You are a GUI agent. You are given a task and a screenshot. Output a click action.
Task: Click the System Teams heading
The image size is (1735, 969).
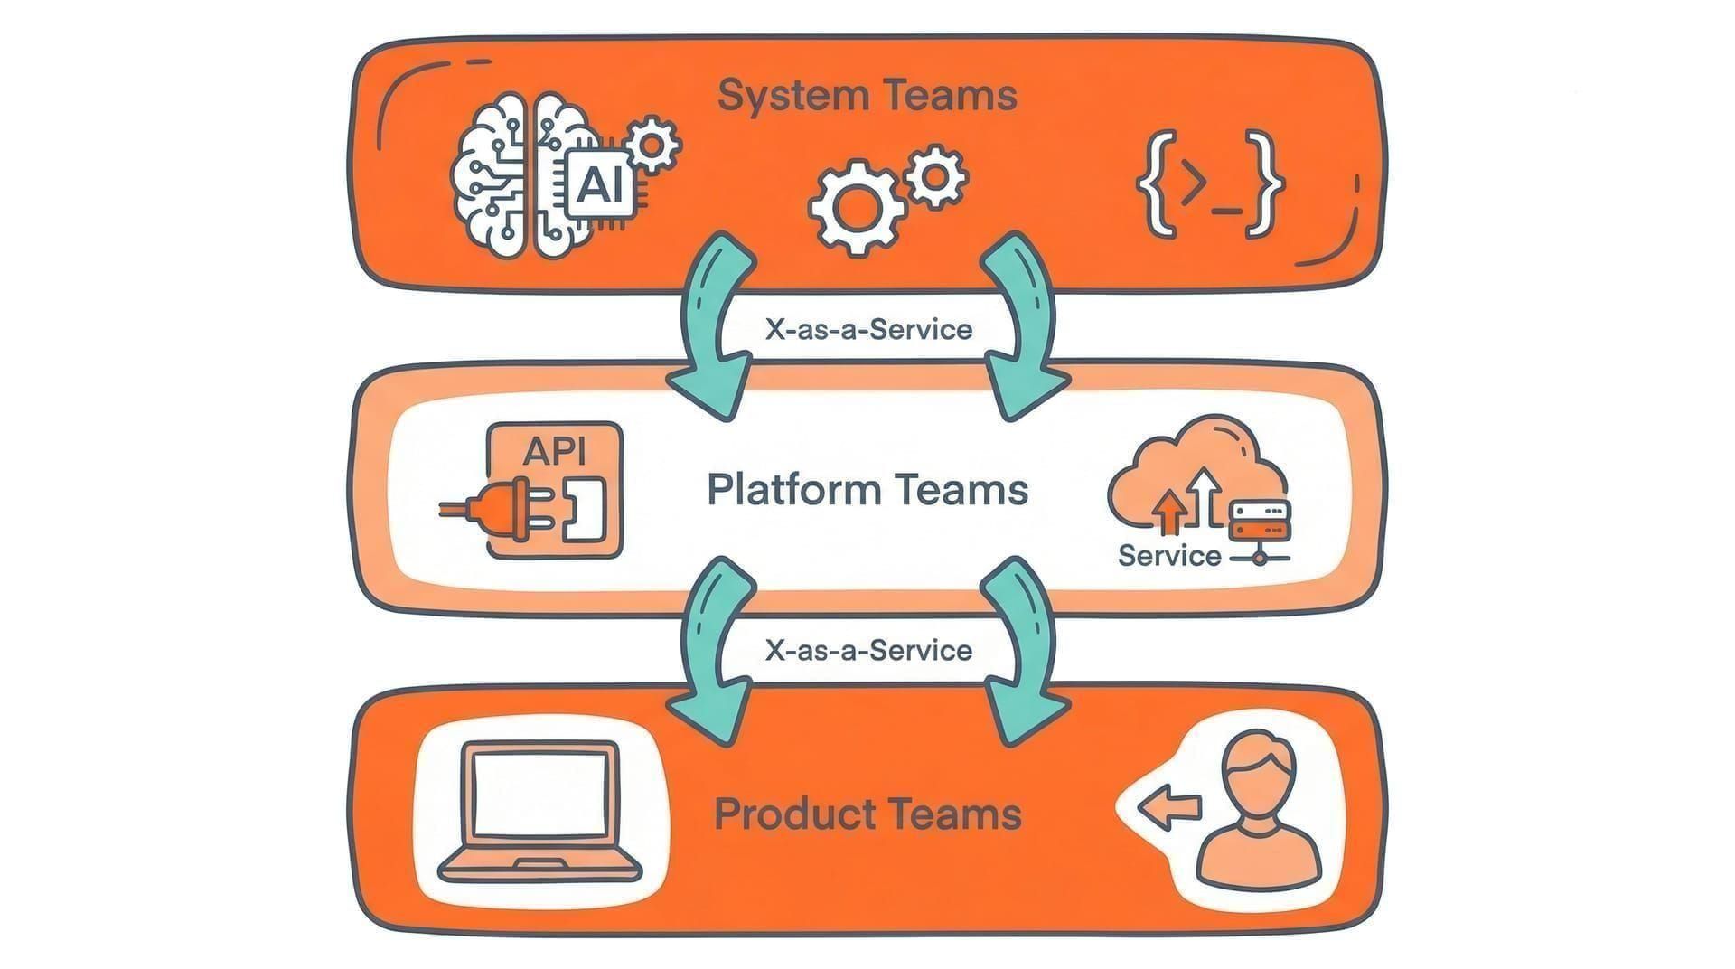[867, 95]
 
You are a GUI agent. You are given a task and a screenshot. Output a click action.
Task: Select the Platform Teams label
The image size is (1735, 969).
[867, 489]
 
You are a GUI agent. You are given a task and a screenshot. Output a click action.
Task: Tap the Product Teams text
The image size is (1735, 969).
[867, 814]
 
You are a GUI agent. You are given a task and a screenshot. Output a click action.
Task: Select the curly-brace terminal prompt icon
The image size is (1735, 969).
[1209, 184]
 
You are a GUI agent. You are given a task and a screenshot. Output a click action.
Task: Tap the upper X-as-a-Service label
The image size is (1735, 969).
[868, 329]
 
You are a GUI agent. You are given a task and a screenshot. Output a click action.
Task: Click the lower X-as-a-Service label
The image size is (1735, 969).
[868, 650]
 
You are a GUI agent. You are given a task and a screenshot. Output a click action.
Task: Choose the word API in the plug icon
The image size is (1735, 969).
[554, 450]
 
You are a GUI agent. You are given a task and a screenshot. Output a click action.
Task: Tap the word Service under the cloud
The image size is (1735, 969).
[1169, 555]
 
